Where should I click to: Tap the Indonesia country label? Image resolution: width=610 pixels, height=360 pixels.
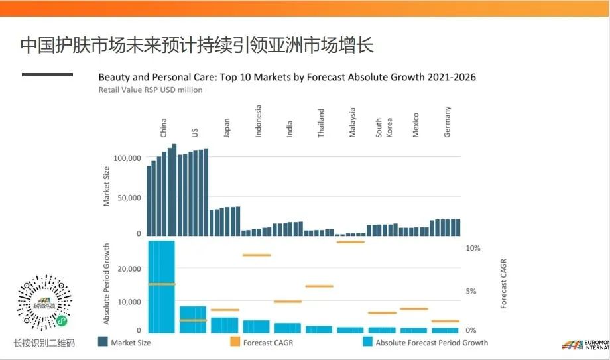pyautogui.click(x=259, y=121)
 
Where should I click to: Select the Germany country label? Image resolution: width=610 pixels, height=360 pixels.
pyautogui.click(x=448, y=122)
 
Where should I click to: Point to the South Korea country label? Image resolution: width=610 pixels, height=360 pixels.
pyautogui.click(x=383, y=128)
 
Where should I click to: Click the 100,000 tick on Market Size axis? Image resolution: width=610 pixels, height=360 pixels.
pyautogui.click(x=127, y=158)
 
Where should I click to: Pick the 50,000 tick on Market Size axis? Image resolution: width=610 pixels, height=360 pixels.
pyautogui.click(x=129, y=198)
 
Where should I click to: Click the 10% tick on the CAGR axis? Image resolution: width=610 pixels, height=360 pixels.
pyautogui.click(x=473, y=248)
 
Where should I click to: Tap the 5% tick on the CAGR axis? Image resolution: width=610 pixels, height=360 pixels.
pyautogui.click(x=471, y=291)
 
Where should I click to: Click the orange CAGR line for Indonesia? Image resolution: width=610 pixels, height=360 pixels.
pyautogui.click(x=257, y=255)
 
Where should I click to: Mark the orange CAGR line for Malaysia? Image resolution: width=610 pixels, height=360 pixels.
pyautogui.click(x=351, y=242)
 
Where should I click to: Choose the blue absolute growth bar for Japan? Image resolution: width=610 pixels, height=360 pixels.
pyautogui.click(x=225, y=325)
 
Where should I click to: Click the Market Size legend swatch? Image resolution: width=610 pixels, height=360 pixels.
pyautogui.click(x=103, y=343)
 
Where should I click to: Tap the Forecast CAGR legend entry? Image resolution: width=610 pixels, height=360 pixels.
pyautogui.click(x=261, y=343)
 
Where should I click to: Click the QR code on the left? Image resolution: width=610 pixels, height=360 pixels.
pyautogui.click(x=44, y=303)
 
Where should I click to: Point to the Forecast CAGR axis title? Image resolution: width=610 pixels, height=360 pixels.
pyautogui.click(x=503, y=284)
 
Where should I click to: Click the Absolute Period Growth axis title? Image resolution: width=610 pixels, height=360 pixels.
pyautogui.click(x=107, y=284)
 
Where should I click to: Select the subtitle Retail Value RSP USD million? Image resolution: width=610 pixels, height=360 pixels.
pyautogui.click(x=151, y=90)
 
